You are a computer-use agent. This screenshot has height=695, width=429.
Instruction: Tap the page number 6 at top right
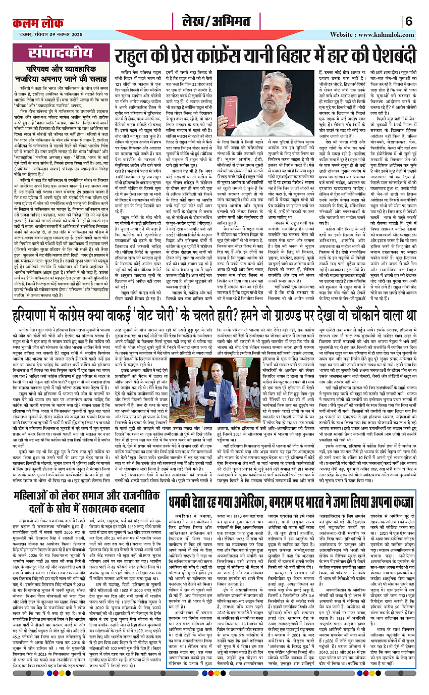408,21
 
